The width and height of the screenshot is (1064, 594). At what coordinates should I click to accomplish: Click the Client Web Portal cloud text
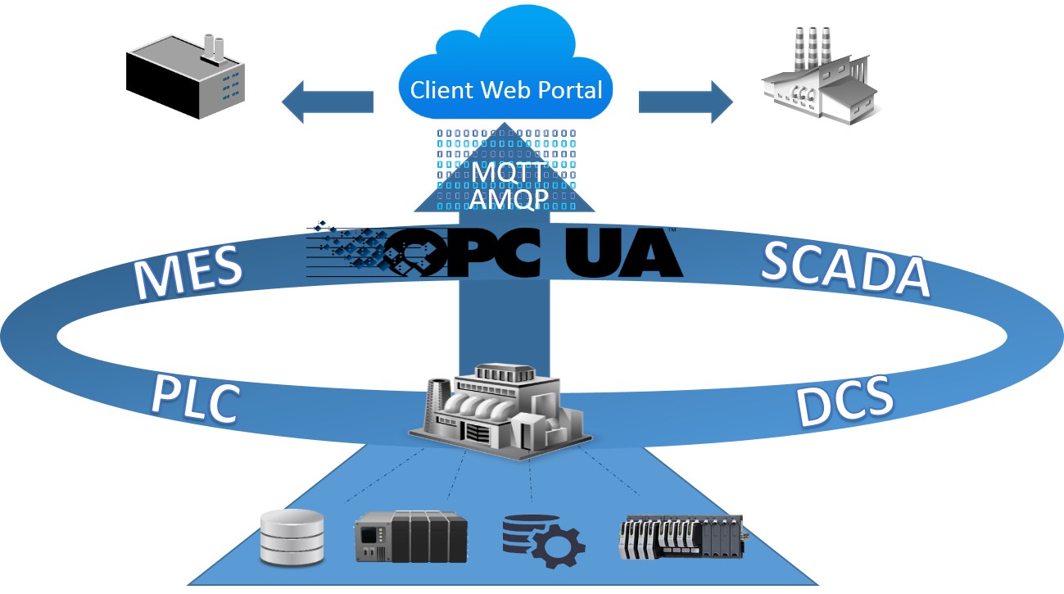(506, 89)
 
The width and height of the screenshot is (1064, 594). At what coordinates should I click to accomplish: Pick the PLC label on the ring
(195, 399)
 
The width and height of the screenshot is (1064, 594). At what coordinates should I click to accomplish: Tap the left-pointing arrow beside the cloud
(327, 102)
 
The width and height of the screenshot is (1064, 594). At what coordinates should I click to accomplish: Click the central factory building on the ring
(500, 410)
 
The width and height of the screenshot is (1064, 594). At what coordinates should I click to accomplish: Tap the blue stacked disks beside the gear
(524, 529)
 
